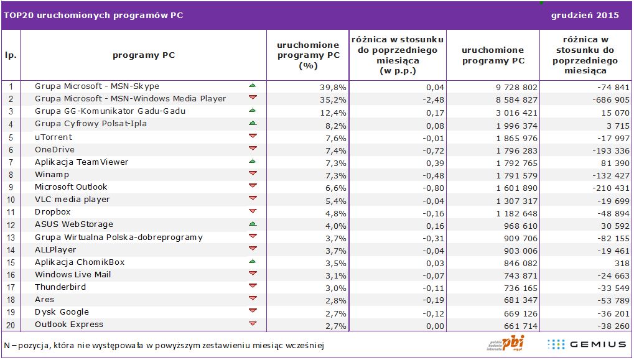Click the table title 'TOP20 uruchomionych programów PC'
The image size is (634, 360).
[x=93, y=16]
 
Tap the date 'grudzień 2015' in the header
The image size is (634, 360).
[x=585, y=16]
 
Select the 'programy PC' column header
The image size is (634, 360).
[x=144, y=55]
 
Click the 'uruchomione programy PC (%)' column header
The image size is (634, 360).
[x=308, y=55]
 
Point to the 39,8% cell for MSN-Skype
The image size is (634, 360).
[x=332, y=87]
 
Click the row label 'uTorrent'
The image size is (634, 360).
[x=54, y=137]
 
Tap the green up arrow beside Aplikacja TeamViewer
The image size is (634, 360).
[x=253, y=161]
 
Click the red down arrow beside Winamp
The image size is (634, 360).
[x=253, y=173]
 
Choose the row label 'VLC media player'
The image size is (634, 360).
[x=72, y=200]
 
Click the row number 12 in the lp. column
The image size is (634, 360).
[x=11, y=224]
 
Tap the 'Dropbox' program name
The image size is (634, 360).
[x=53, y=212]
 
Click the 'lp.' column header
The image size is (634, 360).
[x=11, y=55]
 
